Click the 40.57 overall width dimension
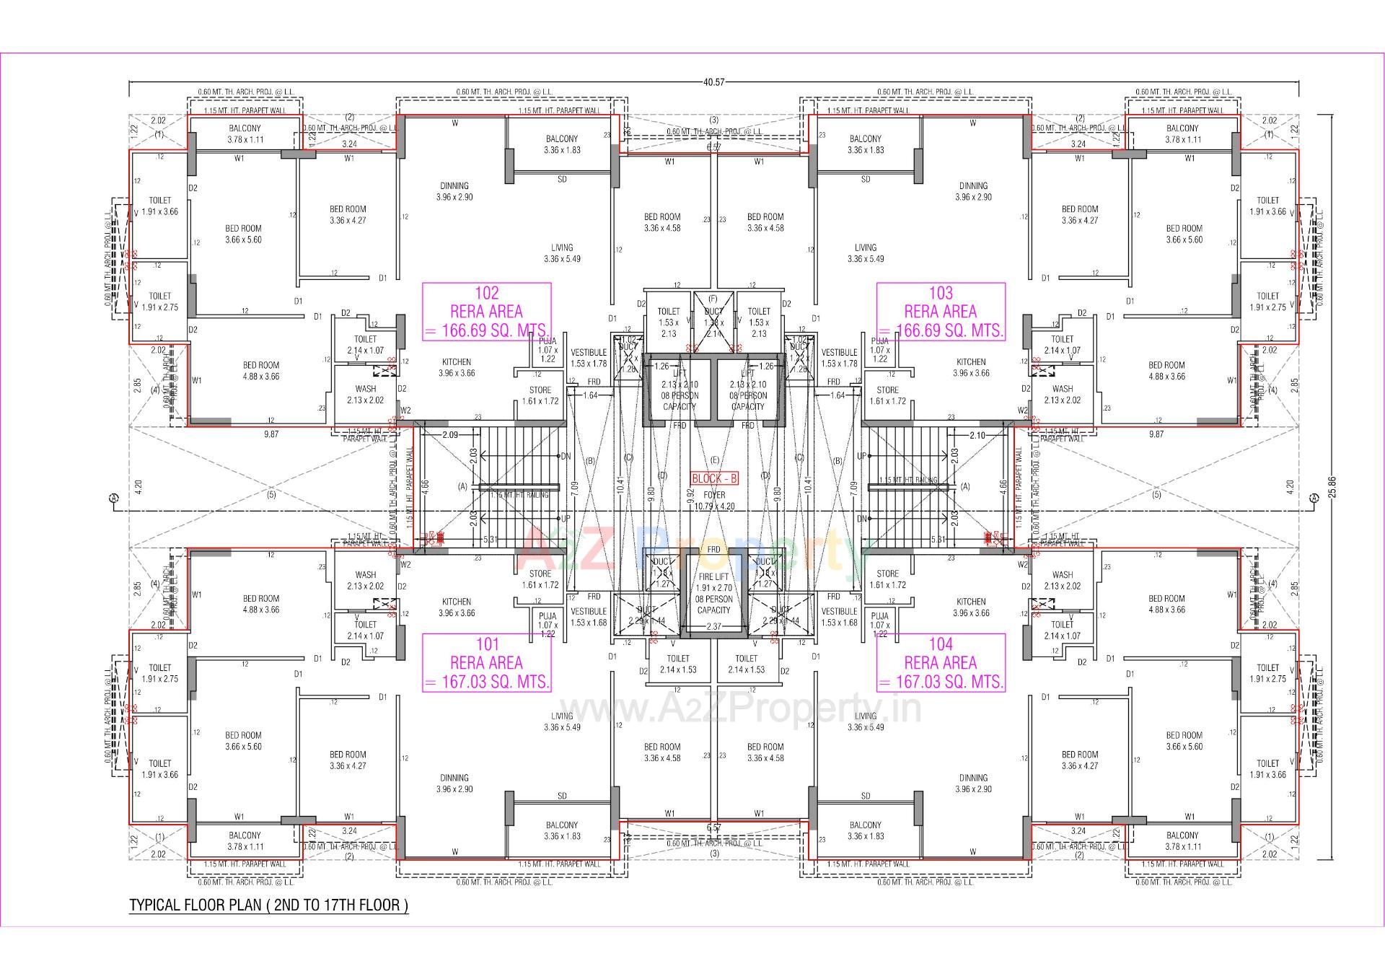tap(713, 82)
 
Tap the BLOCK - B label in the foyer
tap(714, 478)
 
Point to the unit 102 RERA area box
tap(487, 312)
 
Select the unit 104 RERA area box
tap(941, 663)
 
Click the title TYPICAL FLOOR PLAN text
tap(268, 905)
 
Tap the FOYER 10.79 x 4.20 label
tap(714, 501)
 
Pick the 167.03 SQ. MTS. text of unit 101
tap(487, 682)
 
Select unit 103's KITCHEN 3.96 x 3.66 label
tap(971, 368)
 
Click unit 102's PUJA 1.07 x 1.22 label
tap(548, 349)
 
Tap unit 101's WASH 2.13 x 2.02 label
tap(366, 580)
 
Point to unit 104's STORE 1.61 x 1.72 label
tap(887, 579)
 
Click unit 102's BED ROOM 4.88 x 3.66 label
tap(260, 370)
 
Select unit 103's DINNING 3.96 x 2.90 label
tap(973, 191)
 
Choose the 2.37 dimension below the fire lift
tap(713, 626)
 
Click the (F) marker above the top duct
tap(713, 298)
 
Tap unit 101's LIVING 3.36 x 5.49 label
tap(562, 721)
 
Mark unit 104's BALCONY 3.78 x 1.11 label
tap(1182, 841)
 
